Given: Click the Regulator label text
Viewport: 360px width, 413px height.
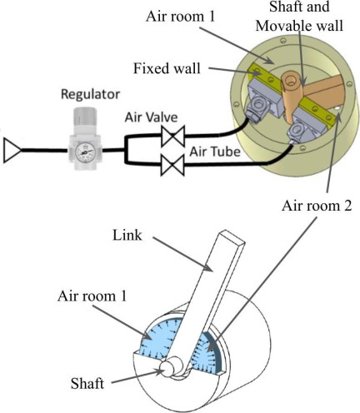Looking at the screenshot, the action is (90, 94).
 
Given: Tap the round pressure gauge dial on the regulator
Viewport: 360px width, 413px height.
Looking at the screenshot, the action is (84, 152).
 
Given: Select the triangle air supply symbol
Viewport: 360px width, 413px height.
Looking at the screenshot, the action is (12, 151).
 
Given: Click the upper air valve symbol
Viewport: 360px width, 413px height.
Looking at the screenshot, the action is (172, 136).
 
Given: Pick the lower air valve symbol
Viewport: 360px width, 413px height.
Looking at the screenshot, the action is (172, 165).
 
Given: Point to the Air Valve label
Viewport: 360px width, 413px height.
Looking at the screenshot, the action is (151, 117).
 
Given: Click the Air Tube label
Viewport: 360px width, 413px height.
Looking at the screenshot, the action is (215, 152).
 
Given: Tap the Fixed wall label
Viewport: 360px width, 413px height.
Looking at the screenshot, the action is (167, 68).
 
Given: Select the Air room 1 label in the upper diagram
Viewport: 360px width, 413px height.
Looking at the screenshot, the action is (181, 17).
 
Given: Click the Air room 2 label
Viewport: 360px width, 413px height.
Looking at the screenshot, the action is (317, 206).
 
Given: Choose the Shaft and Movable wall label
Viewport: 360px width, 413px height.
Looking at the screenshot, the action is (299, 16).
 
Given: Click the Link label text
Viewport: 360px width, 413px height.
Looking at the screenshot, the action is (127, 236).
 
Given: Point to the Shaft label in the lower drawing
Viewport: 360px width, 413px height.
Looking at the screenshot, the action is (87, 384).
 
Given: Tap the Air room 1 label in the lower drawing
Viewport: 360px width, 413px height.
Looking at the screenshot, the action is (92, 296).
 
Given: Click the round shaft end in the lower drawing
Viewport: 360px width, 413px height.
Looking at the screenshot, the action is (167, 370).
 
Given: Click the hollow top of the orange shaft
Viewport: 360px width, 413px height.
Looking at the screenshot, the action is (292, 80).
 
